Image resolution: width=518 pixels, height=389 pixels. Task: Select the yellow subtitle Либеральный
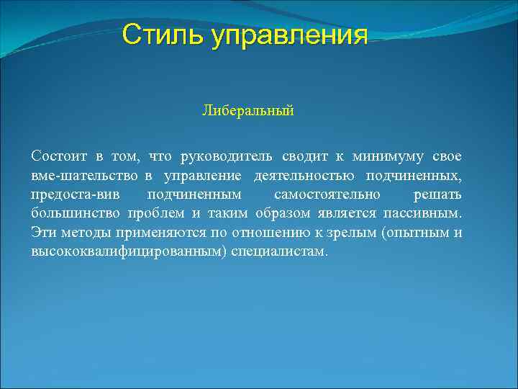[x=248, y=111]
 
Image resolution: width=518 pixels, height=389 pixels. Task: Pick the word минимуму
[x=386, y=156]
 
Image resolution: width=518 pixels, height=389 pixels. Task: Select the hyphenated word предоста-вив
[x=81, y=195]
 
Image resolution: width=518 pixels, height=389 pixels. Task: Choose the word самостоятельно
[x=327, y=195]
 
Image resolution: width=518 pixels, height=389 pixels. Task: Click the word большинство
[x=76, y=215]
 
